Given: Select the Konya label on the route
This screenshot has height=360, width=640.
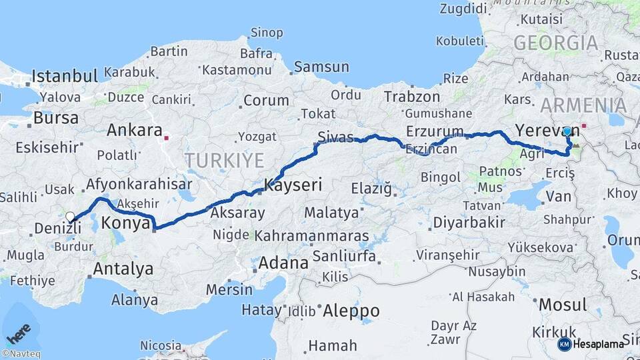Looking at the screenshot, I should pos(127,224).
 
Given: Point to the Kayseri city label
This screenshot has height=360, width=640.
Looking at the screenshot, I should pos(293,185).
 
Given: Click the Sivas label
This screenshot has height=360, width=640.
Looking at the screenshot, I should pos(335,138).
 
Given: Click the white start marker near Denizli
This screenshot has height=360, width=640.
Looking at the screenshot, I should pos(70,217).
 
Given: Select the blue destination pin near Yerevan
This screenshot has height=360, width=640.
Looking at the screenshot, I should pos(567,132).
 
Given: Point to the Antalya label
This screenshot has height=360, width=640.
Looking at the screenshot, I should pos(123,269).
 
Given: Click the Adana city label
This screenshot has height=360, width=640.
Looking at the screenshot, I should pos(283,263).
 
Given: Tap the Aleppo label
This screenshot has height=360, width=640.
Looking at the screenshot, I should pos(351,311).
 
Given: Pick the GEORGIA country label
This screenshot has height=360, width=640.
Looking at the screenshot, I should pos(556,43).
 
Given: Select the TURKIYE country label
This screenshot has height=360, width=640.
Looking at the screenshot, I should pos(224,160).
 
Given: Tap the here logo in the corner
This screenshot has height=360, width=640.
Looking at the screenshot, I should pos(19,329).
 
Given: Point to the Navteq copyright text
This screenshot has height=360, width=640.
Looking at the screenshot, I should pos(21,354).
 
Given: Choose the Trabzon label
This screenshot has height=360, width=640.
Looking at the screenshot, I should pos(412,97).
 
